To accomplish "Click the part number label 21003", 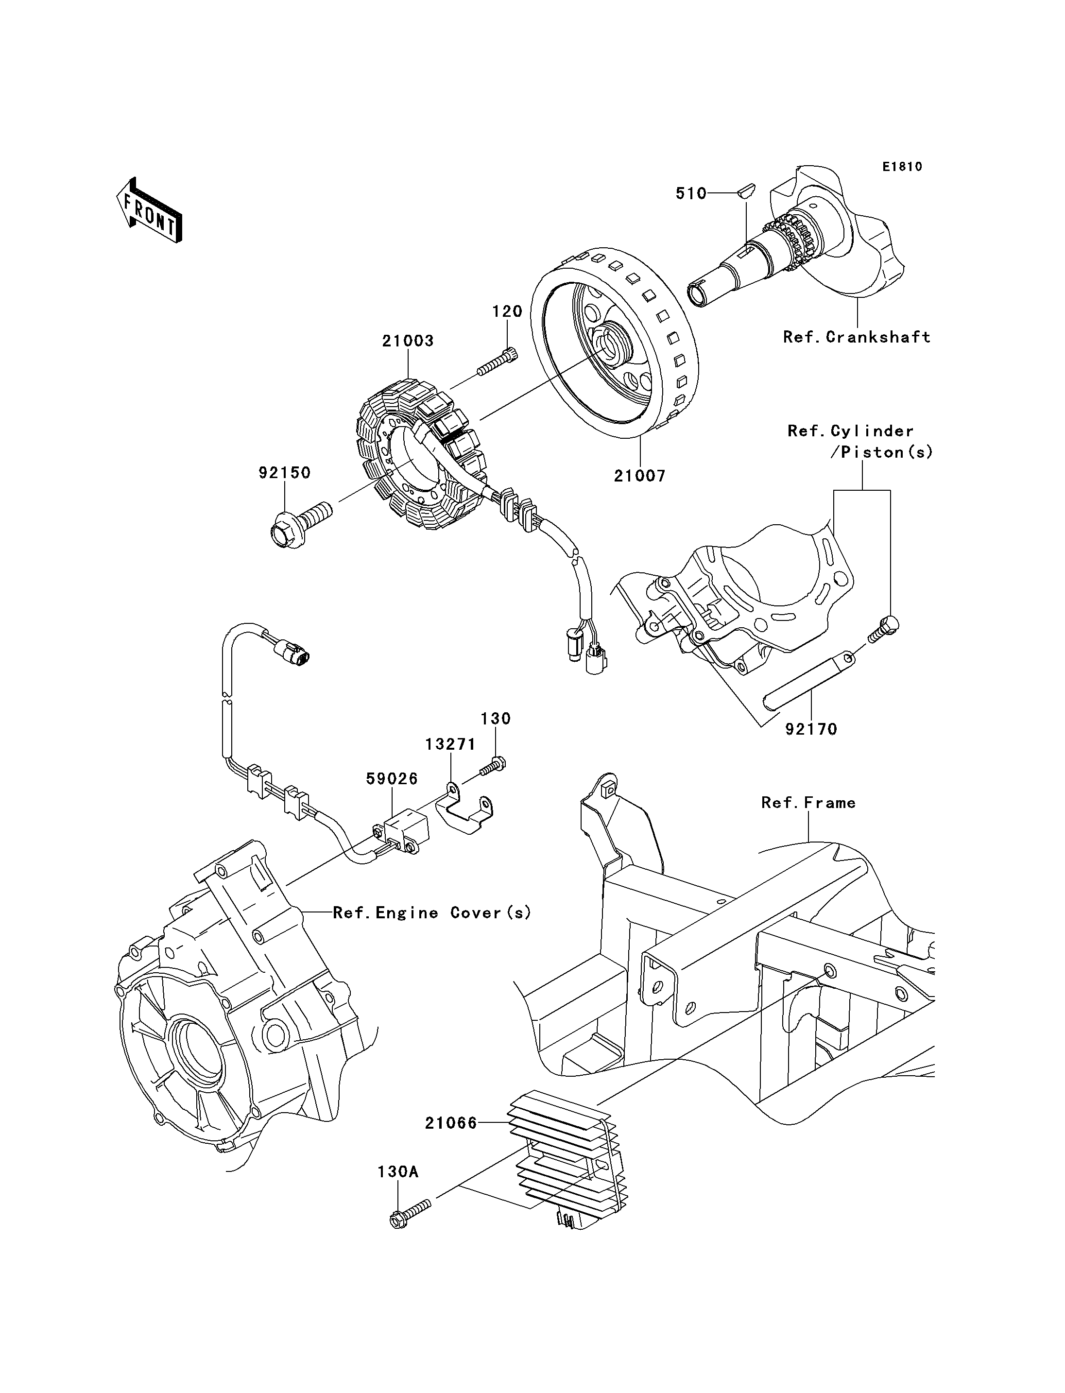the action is (408, 341).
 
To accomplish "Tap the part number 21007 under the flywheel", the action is (640, 476).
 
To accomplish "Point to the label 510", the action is (691, 193).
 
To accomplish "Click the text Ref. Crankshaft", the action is (857, 337).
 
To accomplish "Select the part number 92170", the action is (811, 729).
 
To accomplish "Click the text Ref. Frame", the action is (808, 803).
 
